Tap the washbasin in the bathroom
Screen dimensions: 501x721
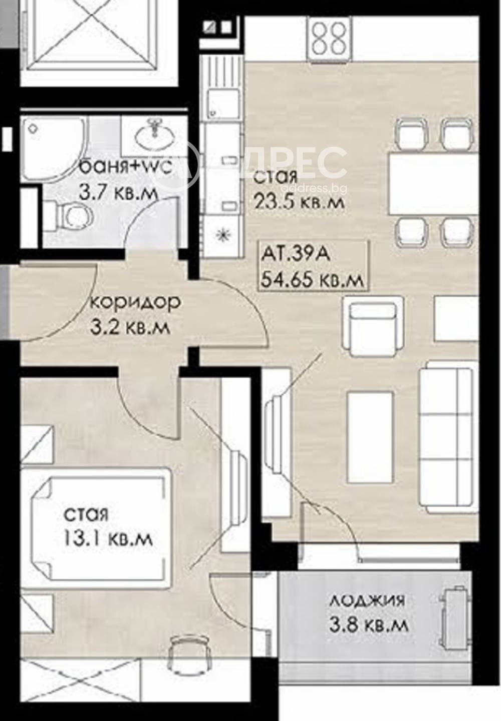coord(154,136)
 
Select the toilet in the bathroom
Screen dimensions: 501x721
coord(67,214)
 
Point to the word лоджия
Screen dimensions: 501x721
coord(367,601)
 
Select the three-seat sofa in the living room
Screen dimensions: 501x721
coord(450,437)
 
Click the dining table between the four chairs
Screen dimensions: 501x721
coord(433,184)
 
